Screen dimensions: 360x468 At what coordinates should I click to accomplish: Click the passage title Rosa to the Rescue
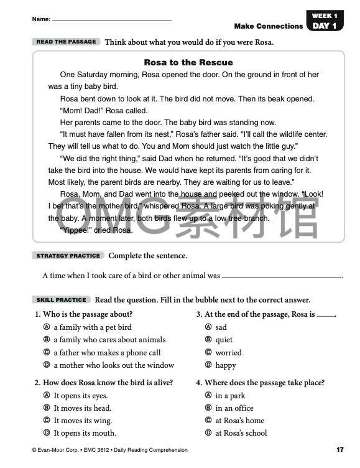click(188, 62)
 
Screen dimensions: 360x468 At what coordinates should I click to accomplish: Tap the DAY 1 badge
click(325, 26)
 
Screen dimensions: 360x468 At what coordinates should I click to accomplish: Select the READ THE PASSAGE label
click(67, 42)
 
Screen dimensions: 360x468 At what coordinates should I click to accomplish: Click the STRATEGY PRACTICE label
click(68, 256)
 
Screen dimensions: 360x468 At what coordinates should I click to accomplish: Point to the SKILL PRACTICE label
click(62, 300)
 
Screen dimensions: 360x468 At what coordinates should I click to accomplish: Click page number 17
click(339, 449)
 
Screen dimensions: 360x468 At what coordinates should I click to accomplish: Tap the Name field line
click(112, 20)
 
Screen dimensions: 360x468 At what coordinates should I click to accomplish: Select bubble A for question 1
click(47, 327)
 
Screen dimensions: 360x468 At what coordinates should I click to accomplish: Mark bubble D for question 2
click(47, 433)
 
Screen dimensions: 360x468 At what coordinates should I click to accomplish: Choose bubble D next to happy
click(208, 365)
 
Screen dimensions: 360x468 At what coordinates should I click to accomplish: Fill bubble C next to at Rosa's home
click(208, 421)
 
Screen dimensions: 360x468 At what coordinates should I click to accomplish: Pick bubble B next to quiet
click(208, 340)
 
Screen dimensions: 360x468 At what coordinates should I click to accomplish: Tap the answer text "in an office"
click(234, 408)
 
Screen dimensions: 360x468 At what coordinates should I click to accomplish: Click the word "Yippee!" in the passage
click(77, 230)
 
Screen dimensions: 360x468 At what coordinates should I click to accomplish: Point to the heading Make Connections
click(268, 26)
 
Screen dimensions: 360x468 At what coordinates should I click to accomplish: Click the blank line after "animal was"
click(282, 276)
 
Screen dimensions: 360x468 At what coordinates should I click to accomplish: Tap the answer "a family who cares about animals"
click(109, 340)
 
